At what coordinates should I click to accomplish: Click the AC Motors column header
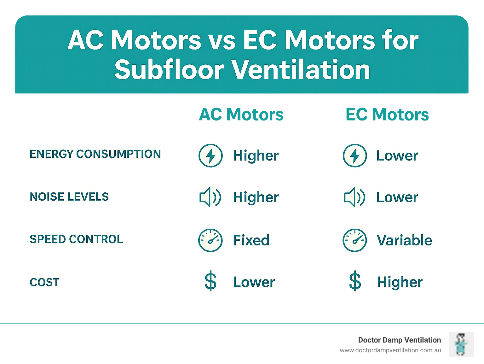pos(241,114)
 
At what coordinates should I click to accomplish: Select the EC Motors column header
pos(387,114)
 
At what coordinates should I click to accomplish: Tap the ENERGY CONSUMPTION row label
pos(95,154)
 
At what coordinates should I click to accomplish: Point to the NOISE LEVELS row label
pos(69,197)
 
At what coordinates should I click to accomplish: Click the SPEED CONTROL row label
pos(76,239)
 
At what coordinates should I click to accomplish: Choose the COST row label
pos(44,282)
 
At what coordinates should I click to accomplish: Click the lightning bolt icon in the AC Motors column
pos(210,156)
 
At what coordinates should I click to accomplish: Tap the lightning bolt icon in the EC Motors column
pos(355,156)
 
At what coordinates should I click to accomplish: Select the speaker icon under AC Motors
pos(210,197)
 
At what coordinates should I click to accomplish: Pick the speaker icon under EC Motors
pos(354,197)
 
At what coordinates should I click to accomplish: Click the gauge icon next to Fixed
pos(210,240)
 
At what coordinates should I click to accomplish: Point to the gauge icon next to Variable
pos(355,240)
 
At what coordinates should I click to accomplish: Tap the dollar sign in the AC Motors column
pos(210,281)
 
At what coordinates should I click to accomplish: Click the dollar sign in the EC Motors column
pos(355,281)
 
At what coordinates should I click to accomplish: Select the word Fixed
pos(251,240)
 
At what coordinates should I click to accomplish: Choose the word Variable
pos(404,240)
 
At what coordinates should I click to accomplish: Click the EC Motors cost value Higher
pos(400,282)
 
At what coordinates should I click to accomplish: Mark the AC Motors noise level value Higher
pos(256,197)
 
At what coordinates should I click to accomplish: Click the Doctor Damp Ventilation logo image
pos(461,344)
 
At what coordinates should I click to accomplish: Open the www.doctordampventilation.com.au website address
pos(390,350)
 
